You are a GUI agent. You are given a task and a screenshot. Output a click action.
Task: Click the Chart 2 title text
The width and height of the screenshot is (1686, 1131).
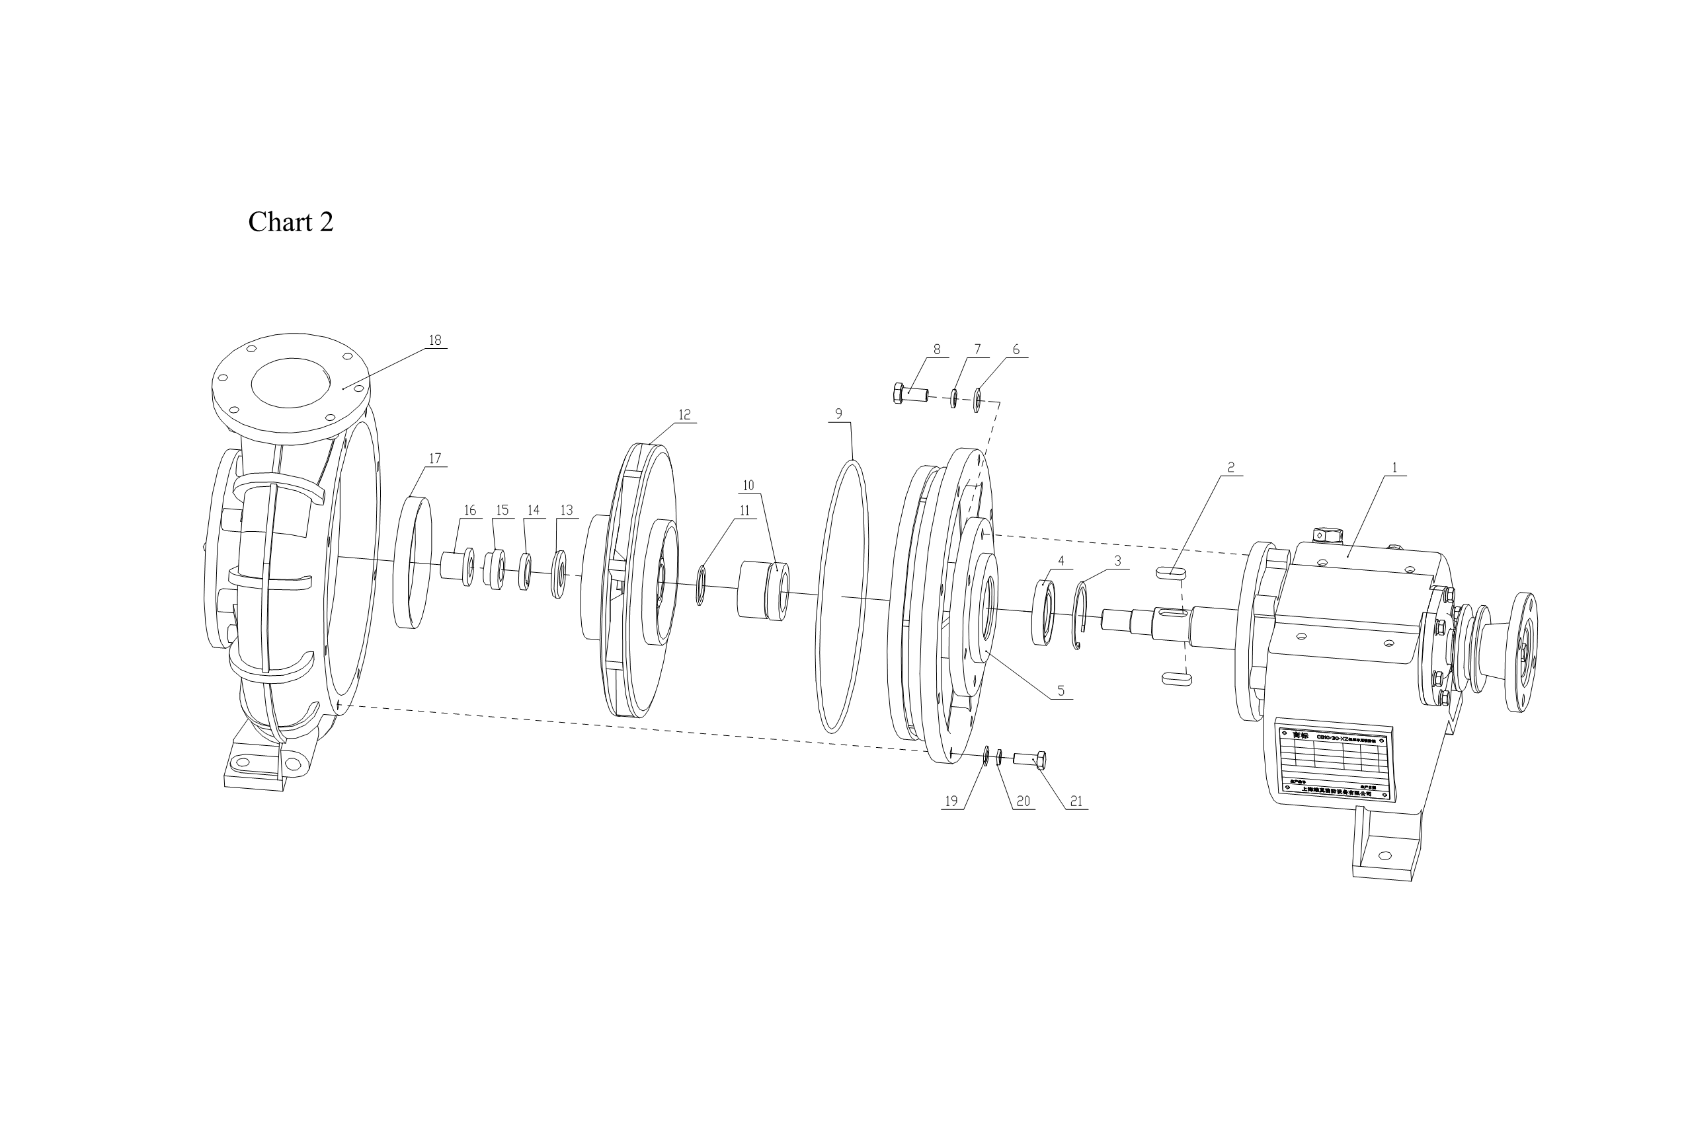click(290, 222)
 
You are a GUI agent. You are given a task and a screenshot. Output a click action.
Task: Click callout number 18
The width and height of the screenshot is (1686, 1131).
click(434, 340)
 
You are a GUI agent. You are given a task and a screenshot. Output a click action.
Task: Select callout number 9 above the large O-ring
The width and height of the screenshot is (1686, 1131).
click(838, 414)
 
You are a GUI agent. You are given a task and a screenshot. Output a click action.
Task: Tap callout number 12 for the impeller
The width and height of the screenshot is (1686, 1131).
click(684, 415)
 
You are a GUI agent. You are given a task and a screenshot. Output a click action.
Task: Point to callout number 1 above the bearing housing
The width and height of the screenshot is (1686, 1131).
click(1394, 468)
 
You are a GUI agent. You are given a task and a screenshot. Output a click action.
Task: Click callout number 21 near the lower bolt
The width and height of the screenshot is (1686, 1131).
click(1076, 801)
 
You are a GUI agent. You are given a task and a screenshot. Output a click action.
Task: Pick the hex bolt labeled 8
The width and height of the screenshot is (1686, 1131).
click(911, 394)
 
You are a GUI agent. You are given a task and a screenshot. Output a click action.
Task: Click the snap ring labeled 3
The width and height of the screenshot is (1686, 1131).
click(1078, 618)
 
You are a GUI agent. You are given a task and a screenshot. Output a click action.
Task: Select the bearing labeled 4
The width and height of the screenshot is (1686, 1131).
click(1043, 612)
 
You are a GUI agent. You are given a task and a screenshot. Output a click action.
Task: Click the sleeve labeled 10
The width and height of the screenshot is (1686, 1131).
click(763, 591)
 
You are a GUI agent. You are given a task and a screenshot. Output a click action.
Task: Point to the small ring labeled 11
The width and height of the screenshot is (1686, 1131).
click(700, 585)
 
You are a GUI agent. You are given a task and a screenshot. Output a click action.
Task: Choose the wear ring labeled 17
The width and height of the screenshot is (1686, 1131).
click(413, 563)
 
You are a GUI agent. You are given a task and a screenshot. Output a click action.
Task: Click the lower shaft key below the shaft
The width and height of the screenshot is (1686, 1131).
click(1176, 678)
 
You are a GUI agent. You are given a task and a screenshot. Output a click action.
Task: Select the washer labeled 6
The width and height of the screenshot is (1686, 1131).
click(977, 400)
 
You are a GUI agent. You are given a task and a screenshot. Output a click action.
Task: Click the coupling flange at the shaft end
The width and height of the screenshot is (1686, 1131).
click(1519, 652)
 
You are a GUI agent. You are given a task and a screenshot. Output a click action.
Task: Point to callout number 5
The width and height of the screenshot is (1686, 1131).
click(1061, 690)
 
